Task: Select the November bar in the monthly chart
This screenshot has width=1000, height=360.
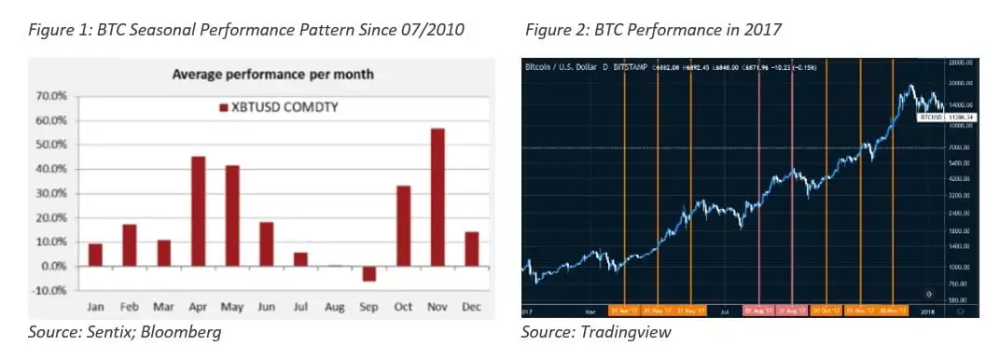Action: [437, 197]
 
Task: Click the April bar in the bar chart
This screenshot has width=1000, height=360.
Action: [198, 211]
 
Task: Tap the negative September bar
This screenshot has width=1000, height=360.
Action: [369, 273]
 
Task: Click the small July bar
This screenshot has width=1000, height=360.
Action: [300, 259]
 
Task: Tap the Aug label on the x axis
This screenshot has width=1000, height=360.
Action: [335, 307]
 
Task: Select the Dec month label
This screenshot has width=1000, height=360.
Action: [471, 307]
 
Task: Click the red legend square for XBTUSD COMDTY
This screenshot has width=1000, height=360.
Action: [223, 109]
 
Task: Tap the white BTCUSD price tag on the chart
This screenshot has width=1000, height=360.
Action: [933, 118]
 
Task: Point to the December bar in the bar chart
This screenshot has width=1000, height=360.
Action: [470, 249]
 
